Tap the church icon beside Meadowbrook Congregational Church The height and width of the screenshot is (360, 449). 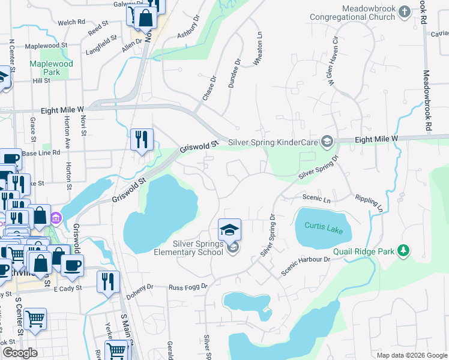coord(405,11)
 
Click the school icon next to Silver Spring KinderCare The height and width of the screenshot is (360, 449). coord(327,142)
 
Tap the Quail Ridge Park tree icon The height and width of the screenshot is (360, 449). coord(405,250)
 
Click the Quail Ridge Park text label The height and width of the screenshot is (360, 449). coord(366,251)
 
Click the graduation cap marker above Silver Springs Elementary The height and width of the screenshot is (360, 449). coord(229,230)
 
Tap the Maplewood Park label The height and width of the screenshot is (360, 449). coord(52,68)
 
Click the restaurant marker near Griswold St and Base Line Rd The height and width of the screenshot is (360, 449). coord(142,140)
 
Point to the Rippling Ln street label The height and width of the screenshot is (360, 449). coord(369,203)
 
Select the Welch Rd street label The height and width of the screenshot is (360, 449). coord(71,22)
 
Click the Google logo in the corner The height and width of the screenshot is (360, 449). coord(19,353)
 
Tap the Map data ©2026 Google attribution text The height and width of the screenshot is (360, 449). coord(412,355)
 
